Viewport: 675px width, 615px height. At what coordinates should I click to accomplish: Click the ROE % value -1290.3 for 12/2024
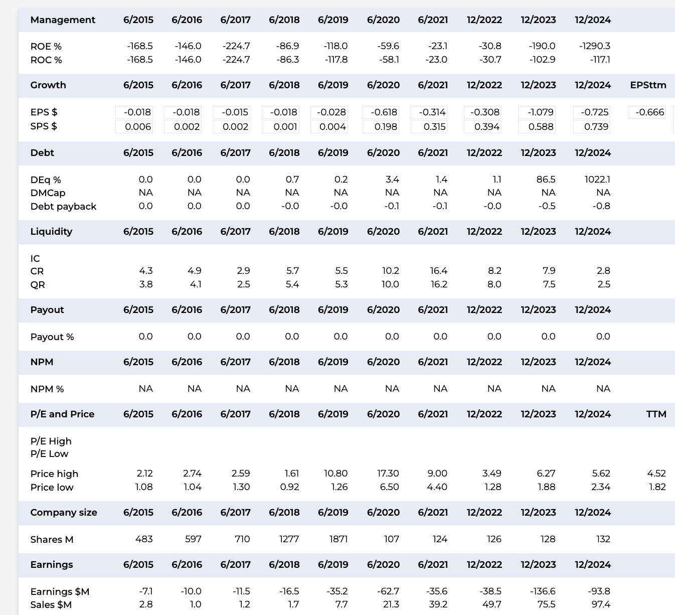click(x=595, y=46)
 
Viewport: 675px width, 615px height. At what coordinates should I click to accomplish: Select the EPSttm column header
click(x=648, y=85)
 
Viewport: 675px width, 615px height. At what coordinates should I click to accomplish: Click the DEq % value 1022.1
click(x=597, y=180)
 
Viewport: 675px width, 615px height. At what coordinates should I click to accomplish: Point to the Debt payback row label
click(x=63, y=207)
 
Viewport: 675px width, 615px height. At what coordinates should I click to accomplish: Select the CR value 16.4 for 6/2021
click(x=438, y=271)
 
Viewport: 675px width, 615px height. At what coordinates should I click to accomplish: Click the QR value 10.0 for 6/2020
click(x=390, y=284)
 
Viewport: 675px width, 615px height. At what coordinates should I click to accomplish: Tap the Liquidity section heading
click(x=51, y=232)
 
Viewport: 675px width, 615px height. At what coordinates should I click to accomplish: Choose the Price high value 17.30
click(x=388, y=474)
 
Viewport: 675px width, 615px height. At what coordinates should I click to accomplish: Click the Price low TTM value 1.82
click(x=657, y=487)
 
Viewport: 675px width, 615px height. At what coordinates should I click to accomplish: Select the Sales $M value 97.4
click(x=601, y=604)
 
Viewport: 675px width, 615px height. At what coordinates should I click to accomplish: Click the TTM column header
click(x=656, y=414)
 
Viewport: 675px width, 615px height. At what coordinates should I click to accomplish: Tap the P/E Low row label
click(x=49, y=454)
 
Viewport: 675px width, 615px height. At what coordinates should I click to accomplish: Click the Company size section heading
click(x=64, y=513)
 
